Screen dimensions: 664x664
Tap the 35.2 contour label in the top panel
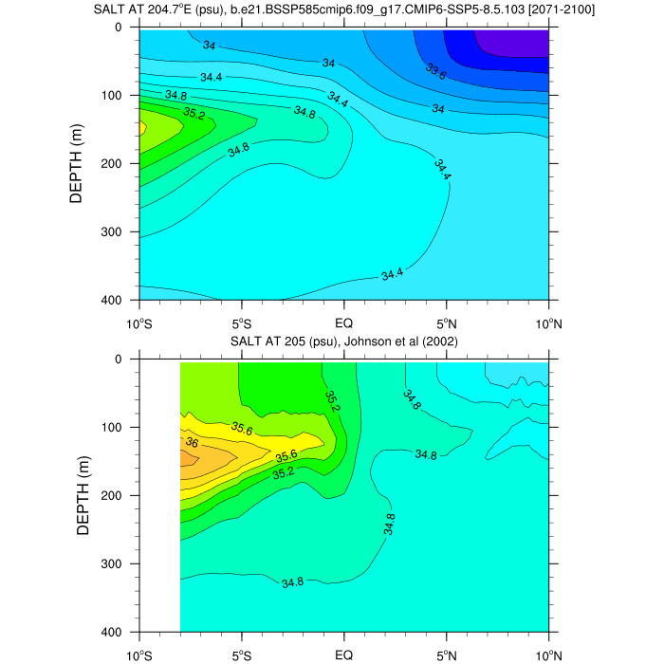point(194,115)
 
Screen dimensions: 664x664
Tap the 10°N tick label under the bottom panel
point(549,654)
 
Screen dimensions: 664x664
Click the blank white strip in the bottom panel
point(159,493)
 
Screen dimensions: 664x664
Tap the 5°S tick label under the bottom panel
point(242,654)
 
